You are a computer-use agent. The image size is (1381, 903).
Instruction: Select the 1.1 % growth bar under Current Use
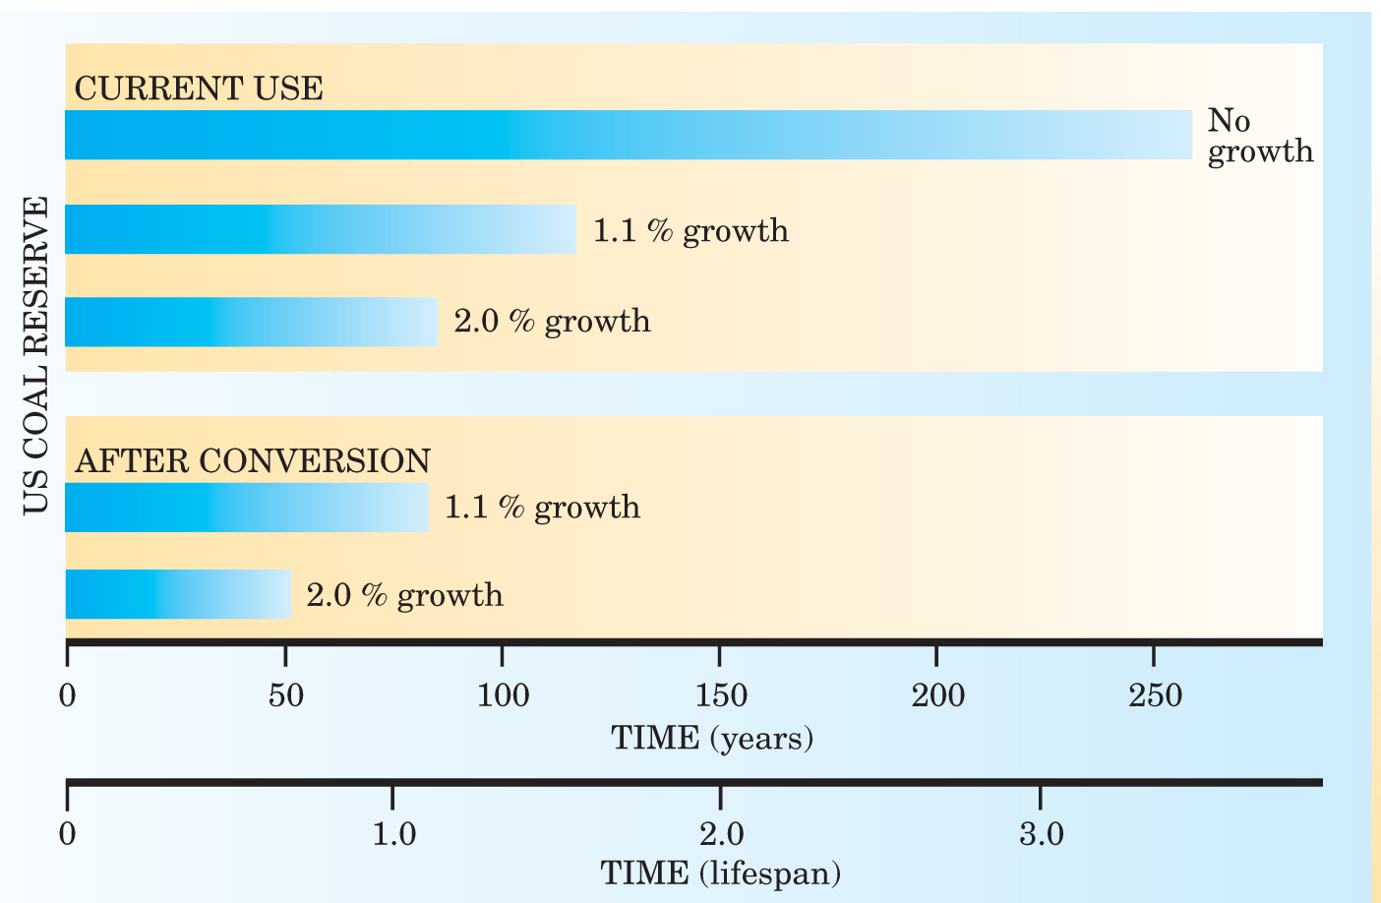(x=320, y=229)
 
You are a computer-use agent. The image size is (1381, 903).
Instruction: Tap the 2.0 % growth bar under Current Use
(x=251, y=322)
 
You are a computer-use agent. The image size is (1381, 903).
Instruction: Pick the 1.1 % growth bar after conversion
(x=246, y=508)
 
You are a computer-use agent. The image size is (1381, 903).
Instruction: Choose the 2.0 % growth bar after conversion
(x=178, y=594)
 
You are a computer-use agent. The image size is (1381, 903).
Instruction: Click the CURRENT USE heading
(x=199, y=89)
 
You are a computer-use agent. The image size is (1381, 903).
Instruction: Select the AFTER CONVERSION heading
(x=253, y=460)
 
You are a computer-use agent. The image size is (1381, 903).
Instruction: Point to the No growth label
(x=1259, y=136)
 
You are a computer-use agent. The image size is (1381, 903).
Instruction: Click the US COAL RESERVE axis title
(x=35, y=355)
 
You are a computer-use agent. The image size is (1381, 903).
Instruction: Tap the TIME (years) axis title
(x=712, y=738)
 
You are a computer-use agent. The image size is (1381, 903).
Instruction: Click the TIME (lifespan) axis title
(x=720, y=873)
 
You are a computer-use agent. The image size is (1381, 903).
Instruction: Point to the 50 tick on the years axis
(x=285, y=696)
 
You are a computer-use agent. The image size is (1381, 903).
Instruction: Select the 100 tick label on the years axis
(x=503, y=696)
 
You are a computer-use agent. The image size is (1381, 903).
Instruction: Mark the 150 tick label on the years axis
(x=720, y=696)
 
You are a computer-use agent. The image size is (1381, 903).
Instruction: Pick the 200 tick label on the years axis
(x=937, y=696)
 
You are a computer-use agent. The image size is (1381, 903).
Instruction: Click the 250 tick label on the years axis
(x=1155, y=696)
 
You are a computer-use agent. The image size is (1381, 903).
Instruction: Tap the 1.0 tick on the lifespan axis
(x=393, y=835)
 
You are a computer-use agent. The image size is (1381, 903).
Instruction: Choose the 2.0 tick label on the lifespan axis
(x=721, y=835)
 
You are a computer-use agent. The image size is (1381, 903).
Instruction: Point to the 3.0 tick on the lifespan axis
(x=1041, y=835)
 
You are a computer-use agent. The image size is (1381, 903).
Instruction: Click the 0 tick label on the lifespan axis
(x=67, y=835)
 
